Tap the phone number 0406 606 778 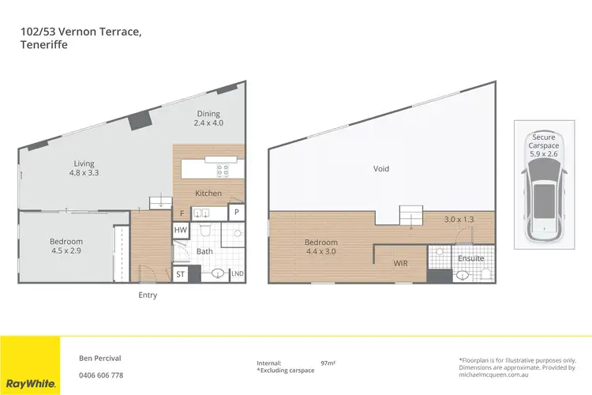[101, 375]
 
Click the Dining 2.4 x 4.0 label [209, 118]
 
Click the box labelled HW [180, 230]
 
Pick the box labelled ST [180, 274]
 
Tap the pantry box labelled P [236, 213]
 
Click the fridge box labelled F [182, 213]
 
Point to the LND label [236, 274]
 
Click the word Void [381, 168]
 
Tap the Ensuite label [470, 258]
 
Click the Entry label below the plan [148, 295]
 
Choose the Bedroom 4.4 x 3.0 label [321, 246]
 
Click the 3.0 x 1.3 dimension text [460, 219]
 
